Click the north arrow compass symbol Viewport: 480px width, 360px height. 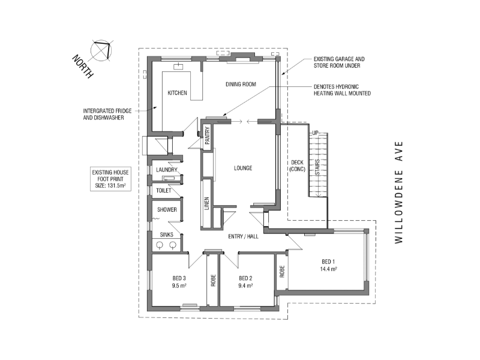tap(101, 50)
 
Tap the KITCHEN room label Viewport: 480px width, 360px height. tap(177, 93)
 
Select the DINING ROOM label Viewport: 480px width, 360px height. tap(241, 84)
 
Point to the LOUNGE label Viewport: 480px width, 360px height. tap(243, 168)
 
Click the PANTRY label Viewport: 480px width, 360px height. tap(207, 136)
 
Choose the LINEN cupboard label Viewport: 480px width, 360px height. tap(206, 203)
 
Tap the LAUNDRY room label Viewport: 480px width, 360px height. tap(167, 170)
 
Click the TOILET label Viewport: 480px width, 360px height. tap(164, 191)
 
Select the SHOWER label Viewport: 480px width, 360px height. tap(167, 209)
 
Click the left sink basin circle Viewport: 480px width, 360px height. tap(160, 245)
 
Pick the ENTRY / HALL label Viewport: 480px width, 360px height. tap(244, 236)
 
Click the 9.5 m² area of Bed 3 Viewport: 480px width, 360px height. tap(179, 286)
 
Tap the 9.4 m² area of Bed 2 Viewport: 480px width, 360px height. tap(245, 286)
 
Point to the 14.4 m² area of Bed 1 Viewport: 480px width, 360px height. tap(328, 269)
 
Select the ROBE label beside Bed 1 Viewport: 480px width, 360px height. tap(282, 272)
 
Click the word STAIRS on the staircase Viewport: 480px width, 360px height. tap(317, 167)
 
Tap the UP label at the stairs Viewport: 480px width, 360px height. tap(316, 133)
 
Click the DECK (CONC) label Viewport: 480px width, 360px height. tap(297, 166)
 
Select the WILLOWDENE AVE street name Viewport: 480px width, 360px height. tap(398, 193)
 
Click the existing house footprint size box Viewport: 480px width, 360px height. tap(110, 179)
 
